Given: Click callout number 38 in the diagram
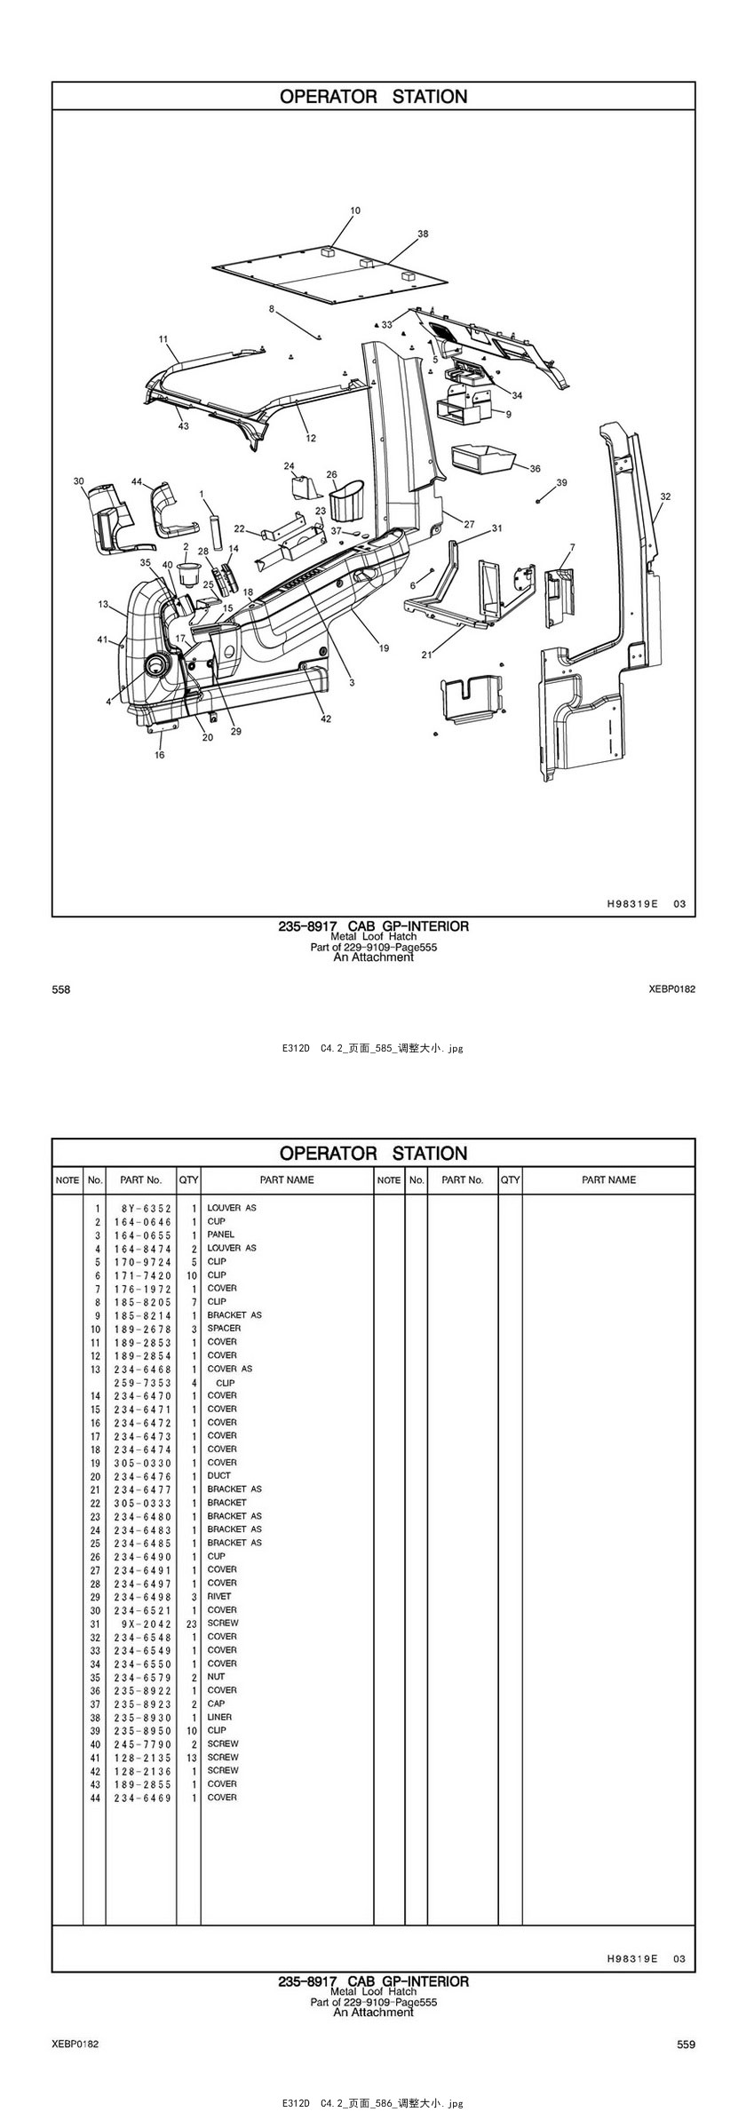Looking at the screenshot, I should point(423,234).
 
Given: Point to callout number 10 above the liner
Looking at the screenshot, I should point(355,211).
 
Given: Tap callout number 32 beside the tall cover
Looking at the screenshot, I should point(665,496).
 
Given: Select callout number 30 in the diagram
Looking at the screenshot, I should point(79,481).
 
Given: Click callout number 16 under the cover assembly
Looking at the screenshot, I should point(160,755).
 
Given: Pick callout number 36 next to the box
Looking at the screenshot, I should point(535,468).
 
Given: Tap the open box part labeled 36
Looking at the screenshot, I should point(481,458).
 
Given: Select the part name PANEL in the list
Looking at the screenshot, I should point(221,1235).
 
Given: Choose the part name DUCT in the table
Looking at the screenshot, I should point(218,1475).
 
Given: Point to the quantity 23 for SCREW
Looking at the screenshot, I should point(191,1623).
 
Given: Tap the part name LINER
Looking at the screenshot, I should point(219,1717).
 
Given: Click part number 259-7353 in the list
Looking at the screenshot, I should point(143,1383).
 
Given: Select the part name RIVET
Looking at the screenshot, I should point(219,1596).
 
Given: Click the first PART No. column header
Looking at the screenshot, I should point(141,1180).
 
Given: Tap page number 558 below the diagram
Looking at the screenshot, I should point(61,989).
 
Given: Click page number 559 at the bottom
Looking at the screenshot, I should point(686,2045).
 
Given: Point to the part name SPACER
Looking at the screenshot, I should point(224,1328).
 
